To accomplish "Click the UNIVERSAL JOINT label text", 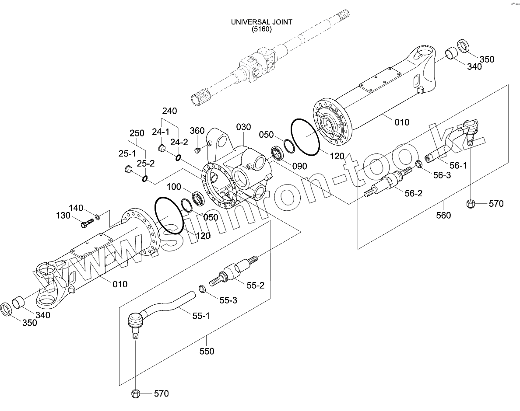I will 262,21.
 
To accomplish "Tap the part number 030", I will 244,127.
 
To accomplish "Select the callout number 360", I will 197,131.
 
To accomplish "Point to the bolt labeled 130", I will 87,223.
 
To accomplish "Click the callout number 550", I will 207,351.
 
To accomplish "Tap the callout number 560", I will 443,215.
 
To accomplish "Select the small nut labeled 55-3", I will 202,289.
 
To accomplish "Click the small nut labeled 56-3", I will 418,164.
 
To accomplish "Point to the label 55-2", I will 255,286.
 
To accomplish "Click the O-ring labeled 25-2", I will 145,178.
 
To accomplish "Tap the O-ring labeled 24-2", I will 178,157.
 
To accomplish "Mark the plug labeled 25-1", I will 128,169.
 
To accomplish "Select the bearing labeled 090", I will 277,153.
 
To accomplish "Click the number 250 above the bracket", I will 137,133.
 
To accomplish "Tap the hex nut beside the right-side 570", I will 471,203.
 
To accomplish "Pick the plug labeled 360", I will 197,150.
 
